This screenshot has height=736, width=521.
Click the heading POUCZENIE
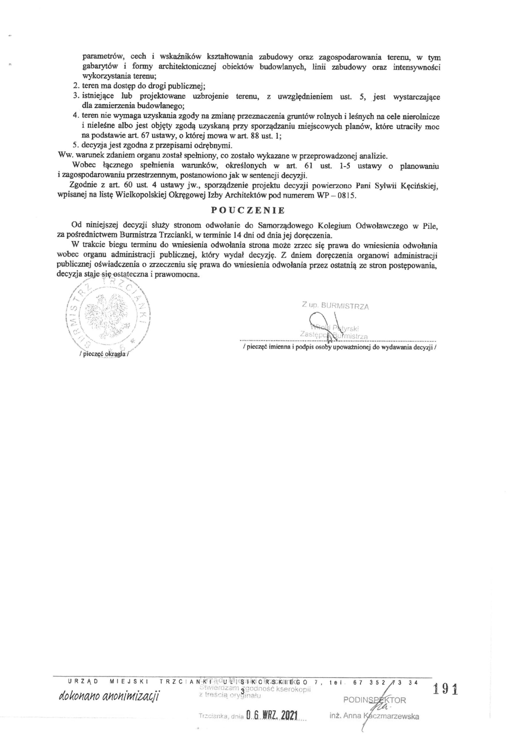pos(248,210)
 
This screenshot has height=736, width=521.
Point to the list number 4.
pos(75,115)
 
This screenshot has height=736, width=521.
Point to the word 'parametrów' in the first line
pos(101,57)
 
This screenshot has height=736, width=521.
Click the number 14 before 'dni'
pos(238,235)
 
